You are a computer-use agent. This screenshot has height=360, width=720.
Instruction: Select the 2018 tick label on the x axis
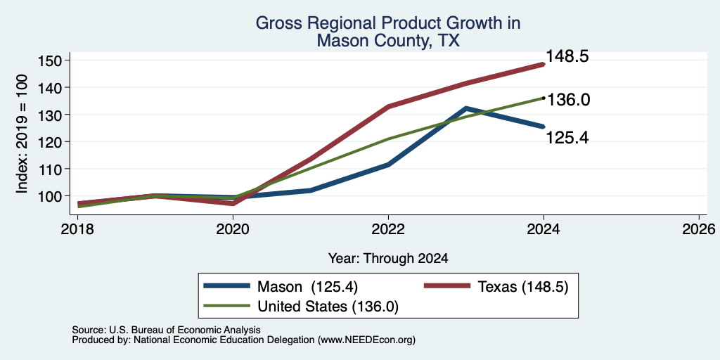pos(78,229)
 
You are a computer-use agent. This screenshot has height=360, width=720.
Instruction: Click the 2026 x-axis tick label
pos(699,229)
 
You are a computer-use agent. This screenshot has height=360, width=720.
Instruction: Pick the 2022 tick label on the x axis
pos(388,229)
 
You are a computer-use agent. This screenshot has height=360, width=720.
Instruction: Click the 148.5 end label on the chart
pos(567,57)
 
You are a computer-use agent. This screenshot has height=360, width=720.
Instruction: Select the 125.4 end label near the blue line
pos(567,137)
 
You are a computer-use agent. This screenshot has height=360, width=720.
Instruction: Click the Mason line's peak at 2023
pos(466,108)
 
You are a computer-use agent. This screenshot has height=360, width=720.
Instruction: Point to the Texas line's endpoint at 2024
pos(544,64)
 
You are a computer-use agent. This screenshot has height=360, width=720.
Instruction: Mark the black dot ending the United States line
pos(544,98)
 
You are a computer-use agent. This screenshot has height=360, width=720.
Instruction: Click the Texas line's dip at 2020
pos(233,203)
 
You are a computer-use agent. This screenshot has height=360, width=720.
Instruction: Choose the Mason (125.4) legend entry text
pos(307,287)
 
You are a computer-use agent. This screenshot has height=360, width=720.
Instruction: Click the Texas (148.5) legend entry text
pos(523,287)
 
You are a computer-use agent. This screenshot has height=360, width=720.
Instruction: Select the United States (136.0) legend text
pos(328,306)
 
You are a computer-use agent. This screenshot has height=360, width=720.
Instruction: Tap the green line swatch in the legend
pos(227,305)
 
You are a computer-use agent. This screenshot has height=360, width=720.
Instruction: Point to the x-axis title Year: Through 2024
pos(388,259)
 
